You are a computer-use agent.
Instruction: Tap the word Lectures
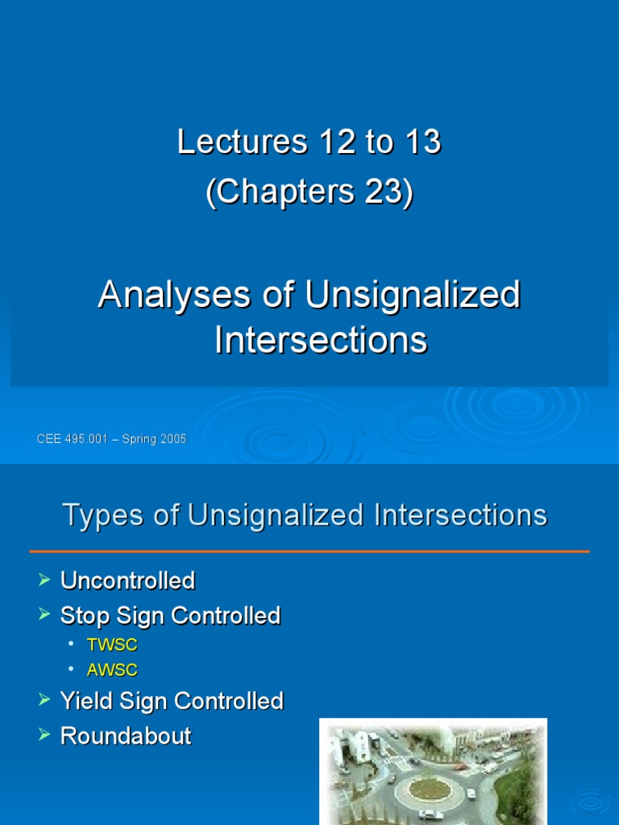[x=243, y=143]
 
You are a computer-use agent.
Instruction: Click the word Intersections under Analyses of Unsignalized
[x=321, y=340]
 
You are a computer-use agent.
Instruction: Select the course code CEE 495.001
[x=73, y=439]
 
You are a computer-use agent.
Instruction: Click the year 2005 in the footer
[x=172, y=439]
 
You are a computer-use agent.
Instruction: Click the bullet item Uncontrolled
[x=127, y=580]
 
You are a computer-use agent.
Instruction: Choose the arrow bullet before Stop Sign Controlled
[x=44, y=615]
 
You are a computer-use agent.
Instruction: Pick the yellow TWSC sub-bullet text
[x=112, y=645]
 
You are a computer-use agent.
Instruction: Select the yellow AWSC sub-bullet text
[x=112, y=670]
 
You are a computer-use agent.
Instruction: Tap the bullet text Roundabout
[x=126, y=736]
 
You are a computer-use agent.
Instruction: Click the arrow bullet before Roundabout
[x=44, y=735]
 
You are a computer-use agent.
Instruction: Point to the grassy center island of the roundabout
[x=433, y=786]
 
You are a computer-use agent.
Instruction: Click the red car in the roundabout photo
[x=460, y=766]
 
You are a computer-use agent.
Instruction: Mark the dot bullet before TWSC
[x=71, y=645]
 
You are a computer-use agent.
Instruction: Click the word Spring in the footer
[x=141, y=439]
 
